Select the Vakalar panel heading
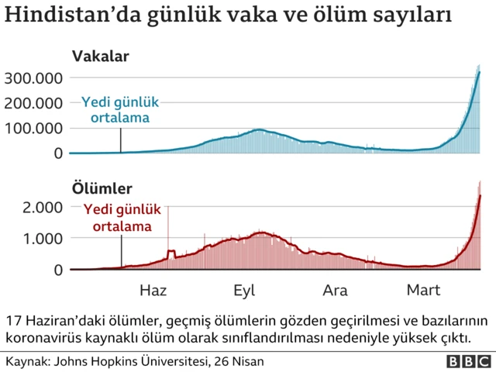pos(100,56)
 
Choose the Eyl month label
pos(244,291)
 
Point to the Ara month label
pos(335,291)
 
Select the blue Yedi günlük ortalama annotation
pos(120,110)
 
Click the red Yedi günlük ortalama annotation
pos(121,218)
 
